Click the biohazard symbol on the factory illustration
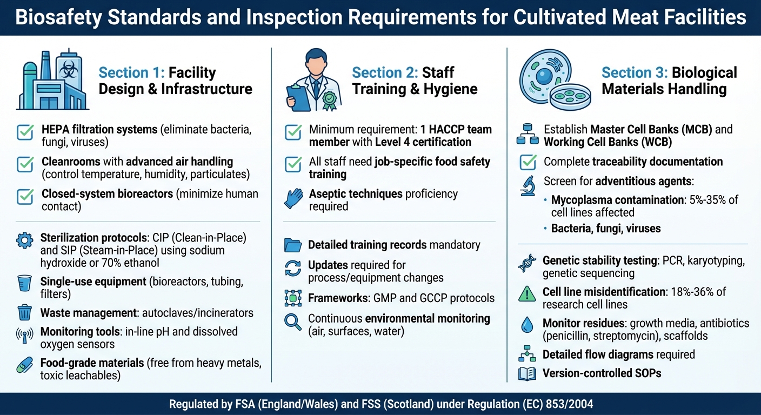point(69,70)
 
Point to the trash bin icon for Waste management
point(25,312)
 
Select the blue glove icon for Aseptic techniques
point(293,198)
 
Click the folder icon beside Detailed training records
point(293,245)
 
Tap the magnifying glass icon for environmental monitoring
point(293,322)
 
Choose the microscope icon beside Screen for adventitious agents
point(527,185)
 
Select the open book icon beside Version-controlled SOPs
point(527,373)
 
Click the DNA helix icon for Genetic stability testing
point(527,264)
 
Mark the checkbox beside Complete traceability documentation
point(527,162)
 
